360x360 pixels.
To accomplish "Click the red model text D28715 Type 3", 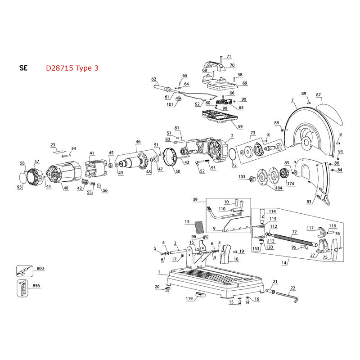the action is click(72, 68).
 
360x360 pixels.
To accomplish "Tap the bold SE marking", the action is click(23, 68).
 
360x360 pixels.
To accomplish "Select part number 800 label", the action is click(40, 268).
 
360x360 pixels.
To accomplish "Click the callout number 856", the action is click(36, 286).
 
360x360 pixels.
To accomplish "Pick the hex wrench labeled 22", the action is click(287, 297).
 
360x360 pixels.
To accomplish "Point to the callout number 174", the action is click(290, 184).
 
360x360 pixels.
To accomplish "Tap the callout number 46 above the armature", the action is click(138, 142).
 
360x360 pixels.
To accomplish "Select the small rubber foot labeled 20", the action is click(167, 289).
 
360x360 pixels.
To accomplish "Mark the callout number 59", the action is click(240, 126).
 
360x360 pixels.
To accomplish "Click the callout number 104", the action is click(279, 188).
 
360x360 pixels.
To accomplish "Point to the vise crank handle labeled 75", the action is click(334, 249).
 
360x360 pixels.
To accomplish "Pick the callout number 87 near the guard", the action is click(318, 95).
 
